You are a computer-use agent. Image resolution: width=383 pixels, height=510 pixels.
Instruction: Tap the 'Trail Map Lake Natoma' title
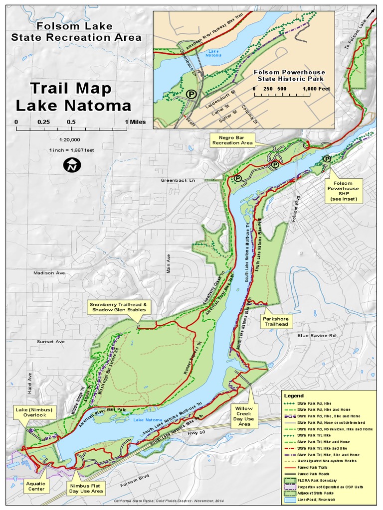click(x=73, y=97)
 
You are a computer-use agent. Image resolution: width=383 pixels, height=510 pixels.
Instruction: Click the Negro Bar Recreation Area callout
click(x=232, y=140)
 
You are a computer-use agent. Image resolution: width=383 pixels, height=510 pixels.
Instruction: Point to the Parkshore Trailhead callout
click(x=276, y=321)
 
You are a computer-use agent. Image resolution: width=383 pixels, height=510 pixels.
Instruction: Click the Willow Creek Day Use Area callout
click(x=244, y=416)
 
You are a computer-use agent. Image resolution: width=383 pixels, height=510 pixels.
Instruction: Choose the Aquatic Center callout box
click(x=36, y=486)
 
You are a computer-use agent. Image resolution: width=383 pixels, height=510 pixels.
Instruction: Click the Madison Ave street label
click(x=49, y=273)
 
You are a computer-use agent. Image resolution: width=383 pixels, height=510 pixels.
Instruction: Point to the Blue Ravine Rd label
click(x=317, y=336)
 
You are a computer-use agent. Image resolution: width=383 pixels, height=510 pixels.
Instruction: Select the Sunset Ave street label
click(x=50, y=342)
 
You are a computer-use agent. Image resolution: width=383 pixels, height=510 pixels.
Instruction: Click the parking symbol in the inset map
click(x=191, y=93)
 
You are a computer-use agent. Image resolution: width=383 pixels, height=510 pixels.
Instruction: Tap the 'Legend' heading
click(x=293, y=395)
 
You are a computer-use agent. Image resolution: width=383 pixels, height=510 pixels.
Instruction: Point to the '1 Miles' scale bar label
click(x=135, y=122)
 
